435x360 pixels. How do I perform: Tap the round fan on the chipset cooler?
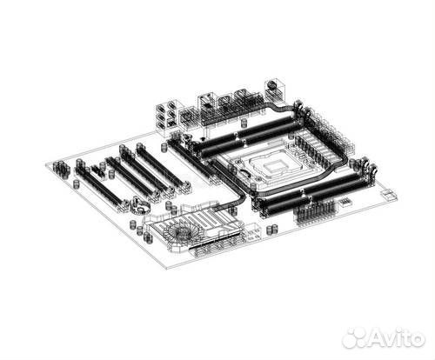click(181, 232)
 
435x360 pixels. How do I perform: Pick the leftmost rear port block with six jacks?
click(165, 115)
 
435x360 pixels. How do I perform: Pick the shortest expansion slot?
click(97, 170)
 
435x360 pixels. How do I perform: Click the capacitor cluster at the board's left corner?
click(60, 167)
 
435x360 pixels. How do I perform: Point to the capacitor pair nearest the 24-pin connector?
click(272, 229)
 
